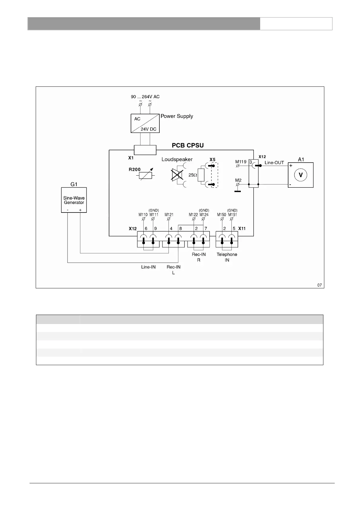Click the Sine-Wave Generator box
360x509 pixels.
pos(74,200)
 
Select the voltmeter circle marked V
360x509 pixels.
pos(301,175)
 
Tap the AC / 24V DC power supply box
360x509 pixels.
pos(145,123)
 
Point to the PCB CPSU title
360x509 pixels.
pos(188,145)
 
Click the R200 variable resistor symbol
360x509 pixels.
pos(146,175)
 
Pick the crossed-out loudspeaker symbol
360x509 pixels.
pos(177,175)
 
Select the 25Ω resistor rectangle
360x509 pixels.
pos(201,175)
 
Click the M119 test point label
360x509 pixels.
pos(241,162)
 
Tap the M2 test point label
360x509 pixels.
pos(238,180)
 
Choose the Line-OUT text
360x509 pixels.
pos(274,163)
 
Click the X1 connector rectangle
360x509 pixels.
pos(145,150)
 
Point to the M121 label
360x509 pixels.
pos(169,215)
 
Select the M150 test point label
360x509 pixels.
pos(221,215)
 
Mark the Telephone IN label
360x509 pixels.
pos(227,257)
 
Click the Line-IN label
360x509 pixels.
pos(148,267)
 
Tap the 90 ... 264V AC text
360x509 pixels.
pos(145,97)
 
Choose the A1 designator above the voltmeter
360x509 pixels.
pos(301,159)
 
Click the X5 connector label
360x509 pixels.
pos(212,159)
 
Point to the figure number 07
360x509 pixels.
pos(319,285)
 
